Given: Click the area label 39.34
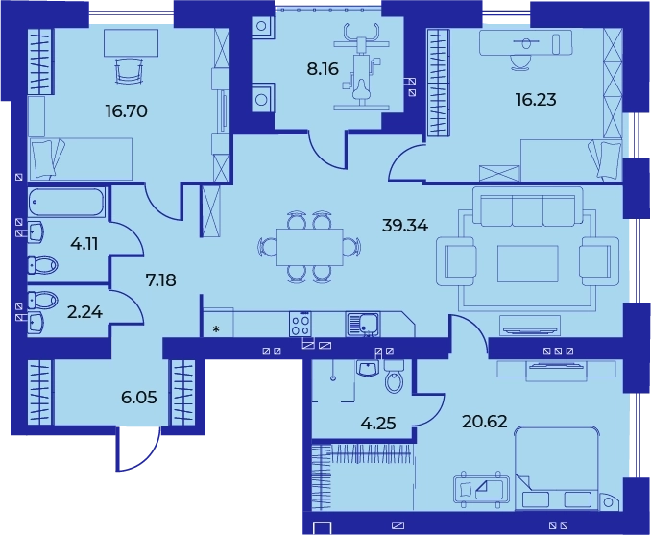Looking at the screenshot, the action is (405, 227).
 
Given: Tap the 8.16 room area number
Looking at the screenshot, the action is (323, 69).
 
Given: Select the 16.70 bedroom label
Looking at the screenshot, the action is (126, 111).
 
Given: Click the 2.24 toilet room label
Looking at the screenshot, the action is (84, 312).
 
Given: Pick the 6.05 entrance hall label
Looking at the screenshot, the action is (139, 398).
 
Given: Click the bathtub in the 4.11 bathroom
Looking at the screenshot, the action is (66, 203).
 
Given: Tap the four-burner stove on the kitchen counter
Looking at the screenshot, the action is (301, 324).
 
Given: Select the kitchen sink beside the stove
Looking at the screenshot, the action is (363, 324).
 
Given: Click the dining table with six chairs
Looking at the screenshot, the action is (309, 247).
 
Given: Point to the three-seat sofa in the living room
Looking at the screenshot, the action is (527, 207).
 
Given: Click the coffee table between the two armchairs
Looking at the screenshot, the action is (528, 264).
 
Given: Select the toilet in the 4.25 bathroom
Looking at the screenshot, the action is (393, 377).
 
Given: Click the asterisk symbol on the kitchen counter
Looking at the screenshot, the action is (216, 329).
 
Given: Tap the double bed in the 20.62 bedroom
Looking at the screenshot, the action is (557, 470).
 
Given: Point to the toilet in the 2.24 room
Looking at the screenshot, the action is (42, 300).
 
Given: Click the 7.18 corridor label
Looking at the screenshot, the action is (160, 280).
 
